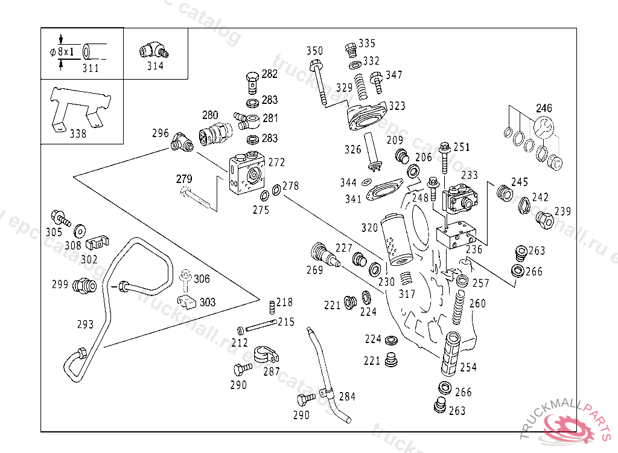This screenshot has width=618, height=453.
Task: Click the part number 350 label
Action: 315,51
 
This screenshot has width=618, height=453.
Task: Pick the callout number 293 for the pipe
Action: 85,324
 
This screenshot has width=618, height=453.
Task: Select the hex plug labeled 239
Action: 544,222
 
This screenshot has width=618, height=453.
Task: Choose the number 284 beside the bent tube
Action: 347,397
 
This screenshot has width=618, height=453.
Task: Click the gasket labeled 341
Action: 382,193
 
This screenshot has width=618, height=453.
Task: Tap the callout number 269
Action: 315,270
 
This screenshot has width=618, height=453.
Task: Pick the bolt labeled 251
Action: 444,156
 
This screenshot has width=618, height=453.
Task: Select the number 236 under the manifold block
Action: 474,249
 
